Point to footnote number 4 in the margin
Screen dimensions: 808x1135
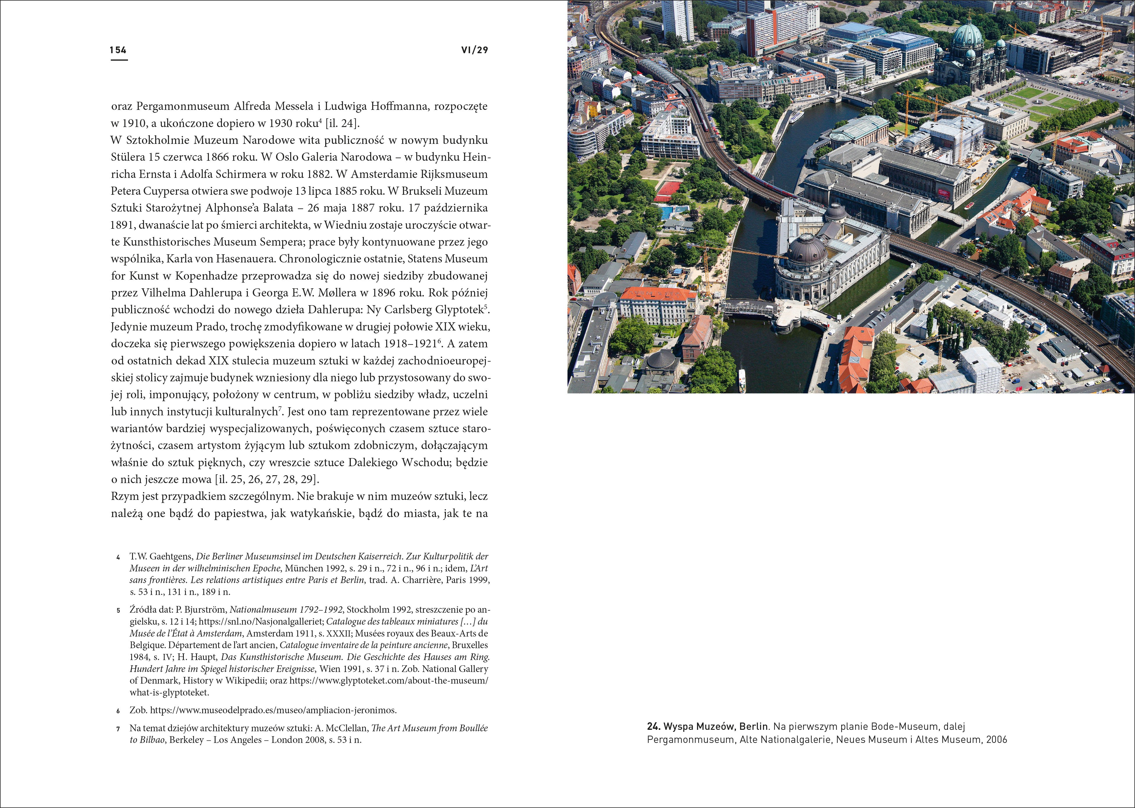pos(118,557)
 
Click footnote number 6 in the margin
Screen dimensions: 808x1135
pos(118,711)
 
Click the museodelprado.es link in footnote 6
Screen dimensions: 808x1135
pos(273,710)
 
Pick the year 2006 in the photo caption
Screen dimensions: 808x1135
pos(996,740)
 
